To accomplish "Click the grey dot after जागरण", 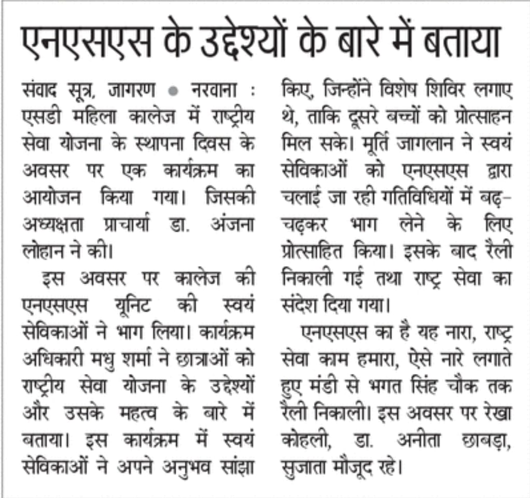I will coord(174,91).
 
